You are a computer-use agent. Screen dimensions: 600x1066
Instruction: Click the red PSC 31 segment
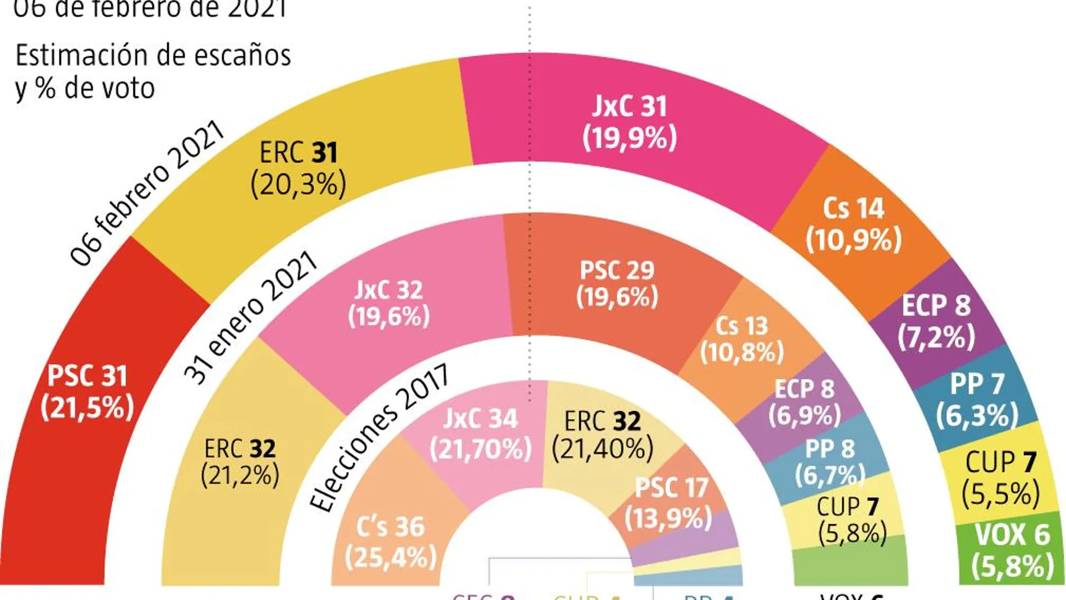[87, 393]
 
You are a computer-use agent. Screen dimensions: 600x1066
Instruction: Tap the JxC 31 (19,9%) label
[630, 122]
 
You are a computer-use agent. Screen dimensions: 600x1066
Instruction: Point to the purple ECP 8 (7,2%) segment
[936, 322]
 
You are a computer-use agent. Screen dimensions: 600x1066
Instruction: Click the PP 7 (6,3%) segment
[977, 400]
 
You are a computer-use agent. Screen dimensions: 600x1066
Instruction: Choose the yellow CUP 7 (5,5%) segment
[1000, 478]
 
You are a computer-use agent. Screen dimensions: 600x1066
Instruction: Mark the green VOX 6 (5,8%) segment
[1012, 550]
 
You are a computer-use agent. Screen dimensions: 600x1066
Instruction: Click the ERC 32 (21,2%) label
[240, 462]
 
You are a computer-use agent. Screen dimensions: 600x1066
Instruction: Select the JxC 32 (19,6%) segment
[389, 304]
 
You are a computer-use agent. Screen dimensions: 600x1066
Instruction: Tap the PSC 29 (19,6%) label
[617, 283]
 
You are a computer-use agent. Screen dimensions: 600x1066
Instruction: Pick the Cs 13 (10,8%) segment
[742, 339]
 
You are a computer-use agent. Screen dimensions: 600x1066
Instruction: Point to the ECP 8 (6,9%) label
[805, 402]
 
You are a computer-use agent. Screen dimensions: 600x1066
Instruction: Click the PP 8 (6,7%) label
[830, 462]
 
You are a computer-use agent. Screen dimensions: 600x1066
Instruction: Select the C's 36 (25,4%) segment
[390, 542]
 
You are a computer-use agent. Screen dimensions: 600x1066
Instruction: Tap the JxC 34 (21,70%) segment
[480, 433]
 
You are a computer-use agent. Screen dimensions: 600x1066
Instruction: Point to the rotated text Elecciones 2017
[379, 437]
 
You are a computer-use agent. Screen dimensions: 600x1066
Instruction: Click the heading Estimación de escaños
[153, 56]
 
